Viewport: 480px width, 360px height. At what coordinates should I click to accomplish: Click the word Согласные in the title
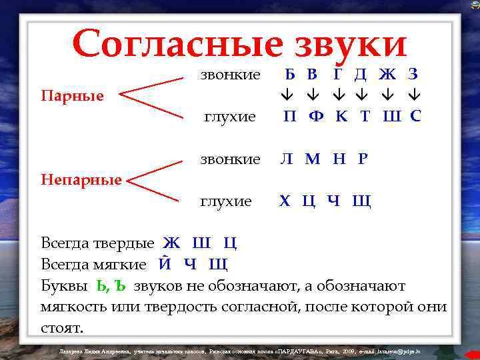tap(177, 43)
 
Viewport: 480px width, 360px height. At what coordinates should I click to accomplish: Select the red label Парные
tap(72, 96)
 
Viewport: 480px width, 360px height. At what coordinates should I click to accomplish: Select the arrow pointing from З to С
tap(415, 95)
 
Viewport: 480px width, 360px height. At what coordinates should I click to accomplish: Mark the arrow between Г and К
tap(339, 95)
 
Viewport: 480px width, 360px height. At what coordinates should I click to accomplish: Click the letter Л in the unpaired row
tap(286, 159)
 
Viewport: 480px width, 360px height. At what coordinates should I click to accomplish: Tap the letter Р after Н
tap(363, 159)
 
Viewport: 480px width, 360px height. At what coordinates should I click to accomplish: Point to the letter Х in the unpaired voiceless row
tap(285, 201)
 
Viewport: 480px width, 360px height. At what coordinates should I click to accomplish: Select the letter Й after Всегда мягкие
tap(165, 264)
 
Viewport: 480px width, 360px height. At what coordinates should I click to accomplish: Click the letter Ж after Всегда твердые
tap(171, 243)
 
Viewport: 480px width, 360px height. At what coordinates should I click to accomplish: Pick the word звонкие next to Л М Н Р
tap(231, 159)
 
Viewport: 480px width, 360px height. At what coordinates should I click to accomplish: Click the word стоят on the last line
tap(62, 327)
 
